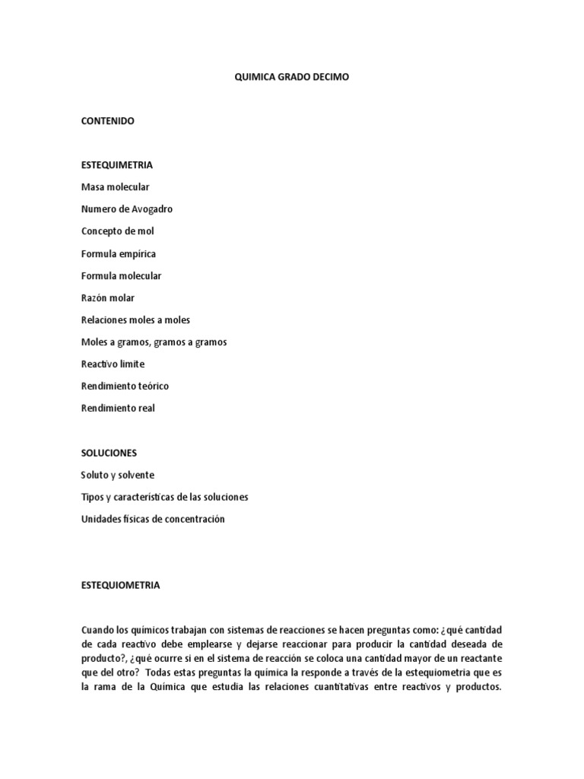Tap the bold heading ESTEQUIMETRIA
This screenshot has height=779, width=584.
[x=117, y=164]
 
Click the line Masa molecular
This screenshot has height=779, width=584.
[x=115, y=186]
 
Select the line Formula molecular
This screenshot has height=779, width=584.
[x=121, y=275]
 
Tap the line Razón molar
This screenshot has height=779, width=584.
[x=107, y=297]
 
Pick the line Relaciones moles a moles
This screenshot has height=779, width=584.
[x=135, y=320]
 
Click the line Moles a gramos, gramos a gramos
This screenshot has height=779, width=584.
[x=154, y=342]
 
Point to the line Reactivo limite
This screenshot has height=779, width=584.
[x=113, y=364]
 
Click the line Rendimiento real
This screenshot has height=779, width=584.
[x=118, y=408]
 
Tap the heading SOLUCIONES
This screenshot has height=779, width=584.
[x=109, y=453]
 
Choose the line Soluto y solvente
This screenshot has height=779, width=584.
[x=117, y=475]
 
